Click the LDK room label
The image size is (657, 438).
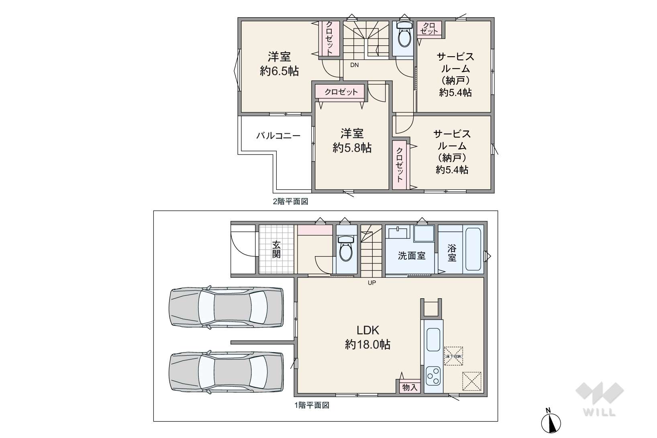pyautogui.click(x=368, y=330)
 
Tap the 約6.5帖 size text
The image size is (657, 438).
pyautogui.click(x=279, y=71)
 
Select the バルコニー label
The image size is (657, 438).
pyautogui.click(x=278, y=136)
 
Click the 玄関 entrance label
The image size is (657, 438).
pyautogui.click(x=276, y=249)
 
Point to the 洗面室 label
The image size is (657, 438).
pyautogui.click(x=412, y=256)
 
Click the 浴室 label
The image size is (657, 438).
pyautogui.click(x=452, y=253)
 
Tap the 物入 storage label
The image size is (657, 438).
pyautogui.click(x=410, y=387)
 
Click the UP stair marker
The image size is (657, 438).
pyautogui.click(x=372, y=283)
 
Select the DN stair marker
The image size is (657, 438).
pyautogui.click(x=354, y=65)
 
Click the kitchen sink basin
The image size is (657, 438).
pyautogui.click(x=433, y=340)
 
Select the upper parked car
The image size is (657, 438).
pyautogui.click(x=226, y=307)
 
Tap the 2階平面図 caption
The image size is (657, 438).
pyautogui.click(x=290, y=202)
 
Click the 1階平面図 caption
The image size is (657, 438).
pyautogui.click(x=312, y=405)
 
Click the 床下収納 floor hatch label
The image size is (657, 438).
pyautogui.click(x=453, y=356)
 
